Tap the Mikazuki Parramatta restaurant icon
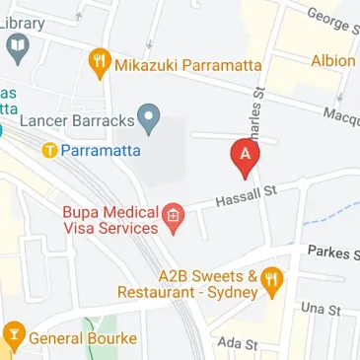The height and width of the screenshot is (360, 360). (x=100, y=65)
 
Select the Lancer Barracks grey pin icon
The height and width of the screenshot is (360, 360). (x=148, y=120)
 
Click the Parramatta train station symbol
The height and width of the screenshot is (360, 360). (x=49, y=151)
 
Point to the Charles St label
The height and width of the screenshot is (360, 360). (x=257, y=110)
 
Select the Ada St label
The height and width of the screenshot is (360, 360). (x=238, y=344)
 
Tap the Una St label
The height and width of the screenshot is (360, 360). (x=322, y=310)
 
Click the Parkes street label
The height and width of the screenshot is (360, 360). (x=331, y=252)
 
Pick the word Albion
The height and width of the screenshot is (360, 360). (x=332, y=60)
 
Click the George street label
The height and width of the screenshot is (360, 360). (x=330, y=21)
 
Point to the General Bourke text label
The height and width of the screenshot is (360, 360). (x=83, y=338)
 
